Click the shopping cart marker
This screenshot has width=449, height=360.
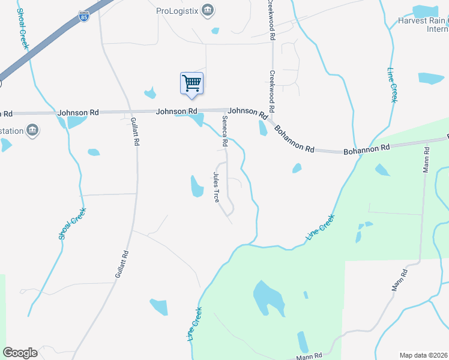191,83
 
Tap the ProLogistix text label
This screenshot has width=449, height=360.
178,10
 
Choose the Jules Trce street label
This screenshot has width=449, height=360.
216,187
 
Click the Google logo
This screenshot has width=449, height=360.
20,353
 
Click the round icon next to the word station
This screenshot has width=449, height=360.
32,130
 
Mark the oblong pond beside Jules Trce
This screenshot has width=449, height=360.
196,186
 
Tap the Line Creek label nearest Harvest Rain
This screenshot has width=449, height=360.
393,85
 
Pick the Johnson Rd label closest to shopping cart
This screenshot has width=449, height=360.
177,112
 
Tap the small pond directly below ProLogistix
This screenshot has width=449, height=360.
215,31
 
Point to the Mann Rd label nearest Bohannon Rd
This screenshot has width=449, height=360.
427,161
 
